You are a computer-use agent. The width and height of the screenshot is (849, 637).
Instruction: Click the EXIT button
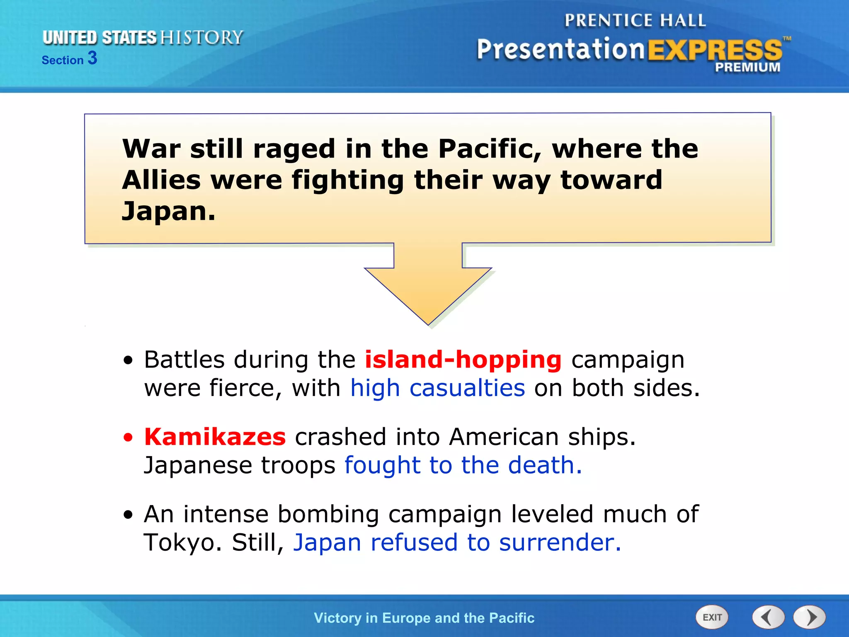pos(712,617)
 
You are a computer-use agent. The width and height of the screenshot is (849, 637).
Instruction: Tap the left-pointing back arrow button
pos(768,617)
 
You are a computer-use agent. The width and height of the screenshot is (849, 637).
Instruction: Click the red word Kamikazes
pos(215,437)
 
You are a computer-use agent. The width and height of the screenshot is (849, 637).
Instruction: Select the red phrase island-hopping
pos(463,359)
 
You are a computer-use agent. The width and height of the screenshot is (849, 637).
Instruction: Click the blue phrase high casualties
pos(438,388)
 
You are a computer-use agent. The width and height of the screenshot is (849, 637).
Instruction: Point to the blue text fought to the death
pos(463,465)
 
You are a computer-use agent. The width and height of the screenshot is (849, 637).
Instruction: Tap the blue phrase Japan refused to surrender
pos(457,542)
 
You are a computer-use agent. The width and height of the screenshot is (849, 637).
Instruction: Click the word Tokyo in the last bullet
pos(182,542)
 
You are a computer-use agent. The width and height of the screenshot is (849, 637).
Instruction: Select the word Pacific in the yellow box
pos(490,149)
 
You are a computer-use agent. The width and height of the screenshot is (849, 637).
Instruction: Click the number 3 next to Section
pos(92,58)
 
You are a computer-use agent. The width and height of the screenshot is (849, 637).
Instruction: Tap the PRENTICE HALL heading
pos(635,20)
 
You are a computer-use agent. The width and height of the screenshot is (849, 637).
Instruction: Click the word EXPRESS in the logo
pos(714,50)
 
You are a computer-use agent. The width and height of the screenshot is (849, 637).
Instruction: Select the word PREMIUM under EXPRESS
pos(747,67)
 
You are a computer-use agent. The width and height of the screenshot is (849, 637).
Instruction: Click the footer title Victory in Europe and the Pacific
pos(424,618)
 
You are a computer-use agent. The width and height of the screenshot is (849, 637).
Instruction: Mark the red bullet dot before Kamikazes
pos(129,438)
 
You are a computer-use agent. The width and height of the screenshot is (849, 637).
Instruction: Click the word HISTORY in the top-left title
pos(201,37)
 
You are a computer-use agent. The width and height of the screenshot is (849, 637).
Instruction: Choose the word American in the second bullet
pos(504,437)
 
